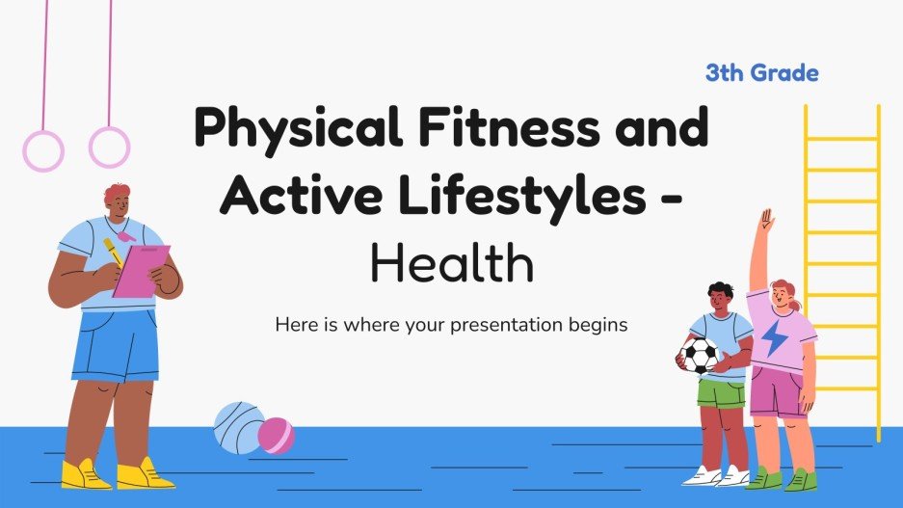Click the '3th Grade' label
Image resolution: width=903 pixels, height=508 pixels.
tap(761, 73)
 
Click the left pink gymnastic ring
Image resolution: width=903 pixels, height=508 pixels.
tap(42, 151)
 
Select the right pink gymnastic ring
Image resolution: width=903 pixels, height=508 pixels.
tap(108, 147)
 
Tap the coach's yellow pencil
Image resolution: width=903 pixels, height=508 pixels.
tap(114, 253)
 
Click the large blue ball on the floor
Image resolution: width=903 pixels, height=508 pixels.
tap(237, 427)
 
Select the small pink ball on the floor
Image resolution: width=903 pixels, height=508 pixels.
tap(276, 435)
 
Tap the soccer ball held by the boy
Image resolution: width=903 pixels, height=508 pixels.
tap(700, 355)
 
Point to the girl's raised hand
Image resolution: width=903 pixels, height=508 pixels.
tap(766, 221)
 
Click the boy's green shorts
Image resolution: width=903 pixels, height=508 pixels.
tap(721, 393)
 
